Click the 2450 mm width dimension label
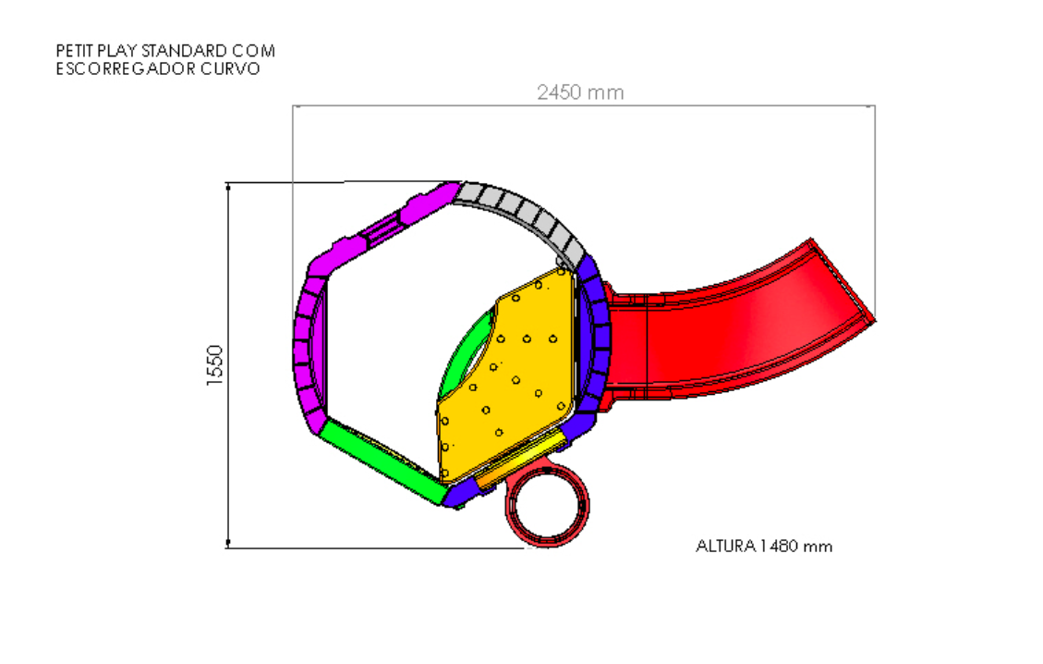pos(580,92)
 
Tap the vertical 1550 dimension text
pos(214,365)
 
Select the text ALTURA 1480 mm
pos(764,547)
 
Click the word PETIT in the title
pos(75,51)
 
